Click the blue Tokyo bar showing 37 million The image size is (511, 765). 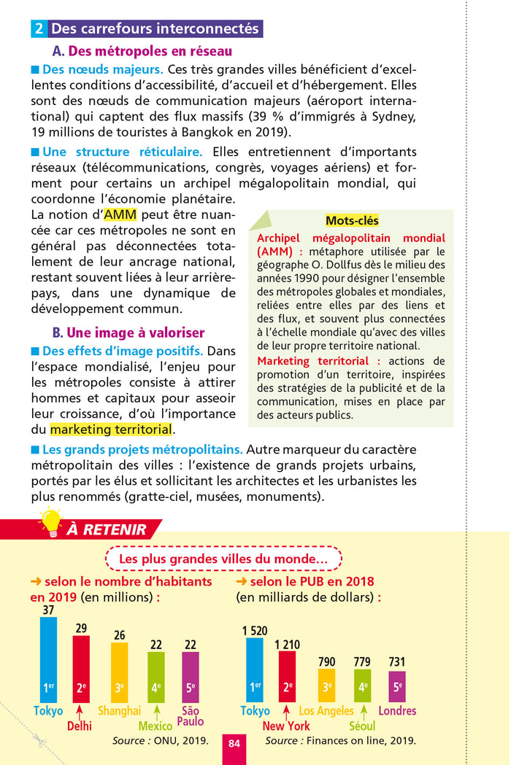tap(48, 659)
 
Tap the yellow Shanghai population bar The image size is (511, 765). tap(119, 672)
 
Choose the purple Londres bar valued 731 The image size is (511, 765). tap(397, 686)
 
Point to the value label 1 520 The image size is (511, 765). tap(255, 630)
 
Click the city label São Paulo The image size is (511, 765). tap(190, 715)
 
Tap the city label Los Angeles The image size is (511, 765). tap(326, 710)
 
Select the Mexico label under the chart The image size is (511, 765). tap(155, 726)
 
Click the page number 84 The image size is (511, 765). tap(234, 743)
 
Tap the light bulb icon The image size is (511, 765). tap(50, 521)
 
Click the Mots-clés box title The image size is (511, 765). tap(352, 221)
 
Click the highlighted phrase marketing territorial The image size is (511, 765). tap(112, 429)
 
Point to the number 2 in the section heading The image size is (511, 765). tap(39, 29)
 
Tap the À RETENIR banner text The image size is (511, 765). tap(107, 529)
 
